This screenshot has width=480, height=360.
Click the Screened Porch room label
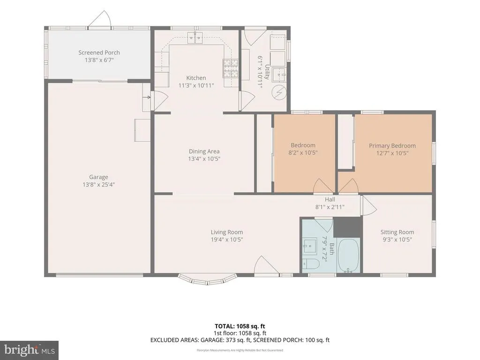click(x=99, y=52)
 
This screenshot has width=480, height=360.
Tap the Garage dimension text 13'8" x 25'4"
click(x=98, y=185)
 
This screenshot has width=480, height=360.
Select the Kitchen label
click(x=196, y=78)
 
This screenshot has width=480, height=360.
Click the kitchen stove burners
click(x=230, y=68)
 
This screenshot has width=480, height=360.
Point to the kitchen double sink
click(x=195, y=37)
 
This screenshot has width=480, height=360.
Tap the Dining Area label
click(x=204, y=151)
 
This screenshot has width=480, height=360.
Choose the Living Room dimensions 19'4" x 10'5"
click(x=227, y=240)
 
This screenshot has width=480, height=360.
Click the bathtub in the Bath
click(x=349, y=255)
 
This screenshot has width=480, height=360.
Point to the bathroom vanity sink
click(x=310, y=246)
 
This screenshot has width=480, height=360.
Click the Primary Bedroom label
click(x=392, y=146)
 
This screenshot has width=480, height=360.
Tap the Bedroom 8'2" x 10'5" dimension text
click(x=303, y=153)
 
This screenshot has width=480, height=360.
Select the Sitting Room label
click(x=397, y=232)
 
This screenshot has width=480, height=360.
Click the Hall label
click(x=330, y=200)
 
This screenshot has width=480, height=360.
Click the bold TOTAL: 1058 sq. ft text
click(x=240, y=326)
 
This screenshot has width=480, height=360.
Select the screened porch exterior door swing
click(x=99, y=19)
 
